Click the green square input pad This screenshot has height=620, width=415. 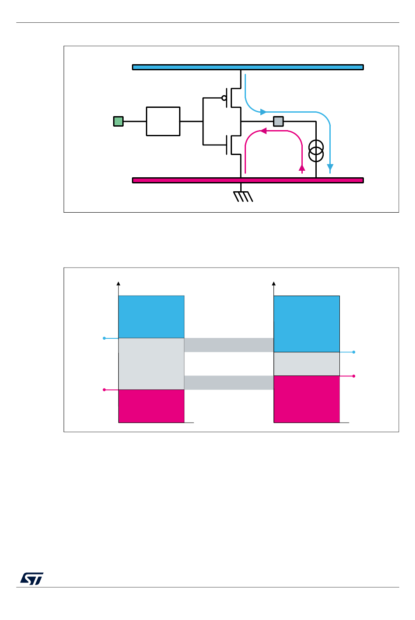click(118, 121)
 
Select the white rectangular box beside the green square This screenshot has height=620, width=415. click(163, 121)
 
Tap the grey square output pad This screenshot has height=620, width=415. click(278, 121)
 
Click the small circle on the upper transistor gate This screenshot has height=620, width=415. click(224, 98)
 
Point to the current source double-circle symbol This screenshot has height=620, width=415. click(316, 150)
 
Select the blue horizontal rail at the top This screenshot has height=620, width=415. click(248, 67)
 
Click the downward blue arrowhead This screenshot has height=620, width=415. click(330, 167)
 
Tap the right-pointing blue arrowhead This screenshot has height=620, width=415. click(263, 112)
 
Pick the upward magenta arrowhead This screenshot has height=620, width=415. click(302, 168)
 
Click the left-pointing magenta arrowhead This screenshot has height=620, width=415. click(263, 131)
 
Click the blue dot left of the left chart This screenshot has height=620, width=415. click(104, 338)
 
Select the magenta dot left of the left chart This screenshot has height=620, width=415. click(104, 389)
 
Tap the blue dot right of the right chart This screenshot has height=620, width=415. click(354, 352)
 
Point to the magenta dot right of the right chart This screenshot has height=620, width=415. click(354, 376)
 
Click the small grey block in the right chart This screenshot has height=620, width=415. click(307, 364)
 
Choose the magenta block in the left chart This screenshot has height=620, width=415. click(151, 406)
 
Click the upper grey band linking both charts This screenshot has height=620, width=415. click(229, 345)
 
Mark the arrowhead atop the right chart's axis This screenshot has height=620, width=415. click(274, 283)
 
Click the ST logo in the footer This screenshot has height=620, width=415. click(31, 579)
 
